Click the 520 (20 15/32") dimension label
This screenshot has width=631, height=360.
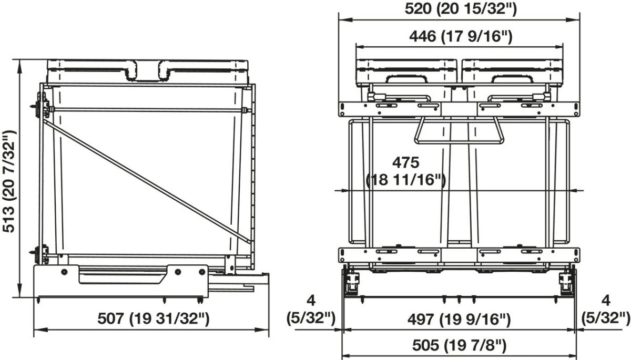click(x=461, y=9)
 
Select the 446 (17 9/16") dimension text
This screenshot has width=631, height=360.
click(x=461, y=36)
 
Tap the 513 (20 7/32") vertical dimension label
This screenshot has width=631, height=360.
click(x=9, y=181)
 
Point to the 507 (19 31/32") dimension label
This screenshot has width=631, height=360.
click(x=154, y=318)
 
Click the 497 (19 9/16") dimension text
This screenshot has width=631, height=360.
click(x=459, y=319)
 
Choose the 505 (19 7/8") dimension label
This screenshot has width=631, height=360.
click(x=460, y=345)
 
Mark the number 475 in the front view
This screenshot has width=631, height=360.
click(x=406, y=163)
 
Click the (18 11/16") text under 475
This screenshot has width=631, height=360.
click(x=405, y=180)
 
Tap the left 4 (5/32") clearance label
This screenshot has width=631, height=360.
click(x=311, y=310)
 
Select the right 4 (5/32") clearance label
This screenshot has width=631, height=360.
click(x=606, y=310)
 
